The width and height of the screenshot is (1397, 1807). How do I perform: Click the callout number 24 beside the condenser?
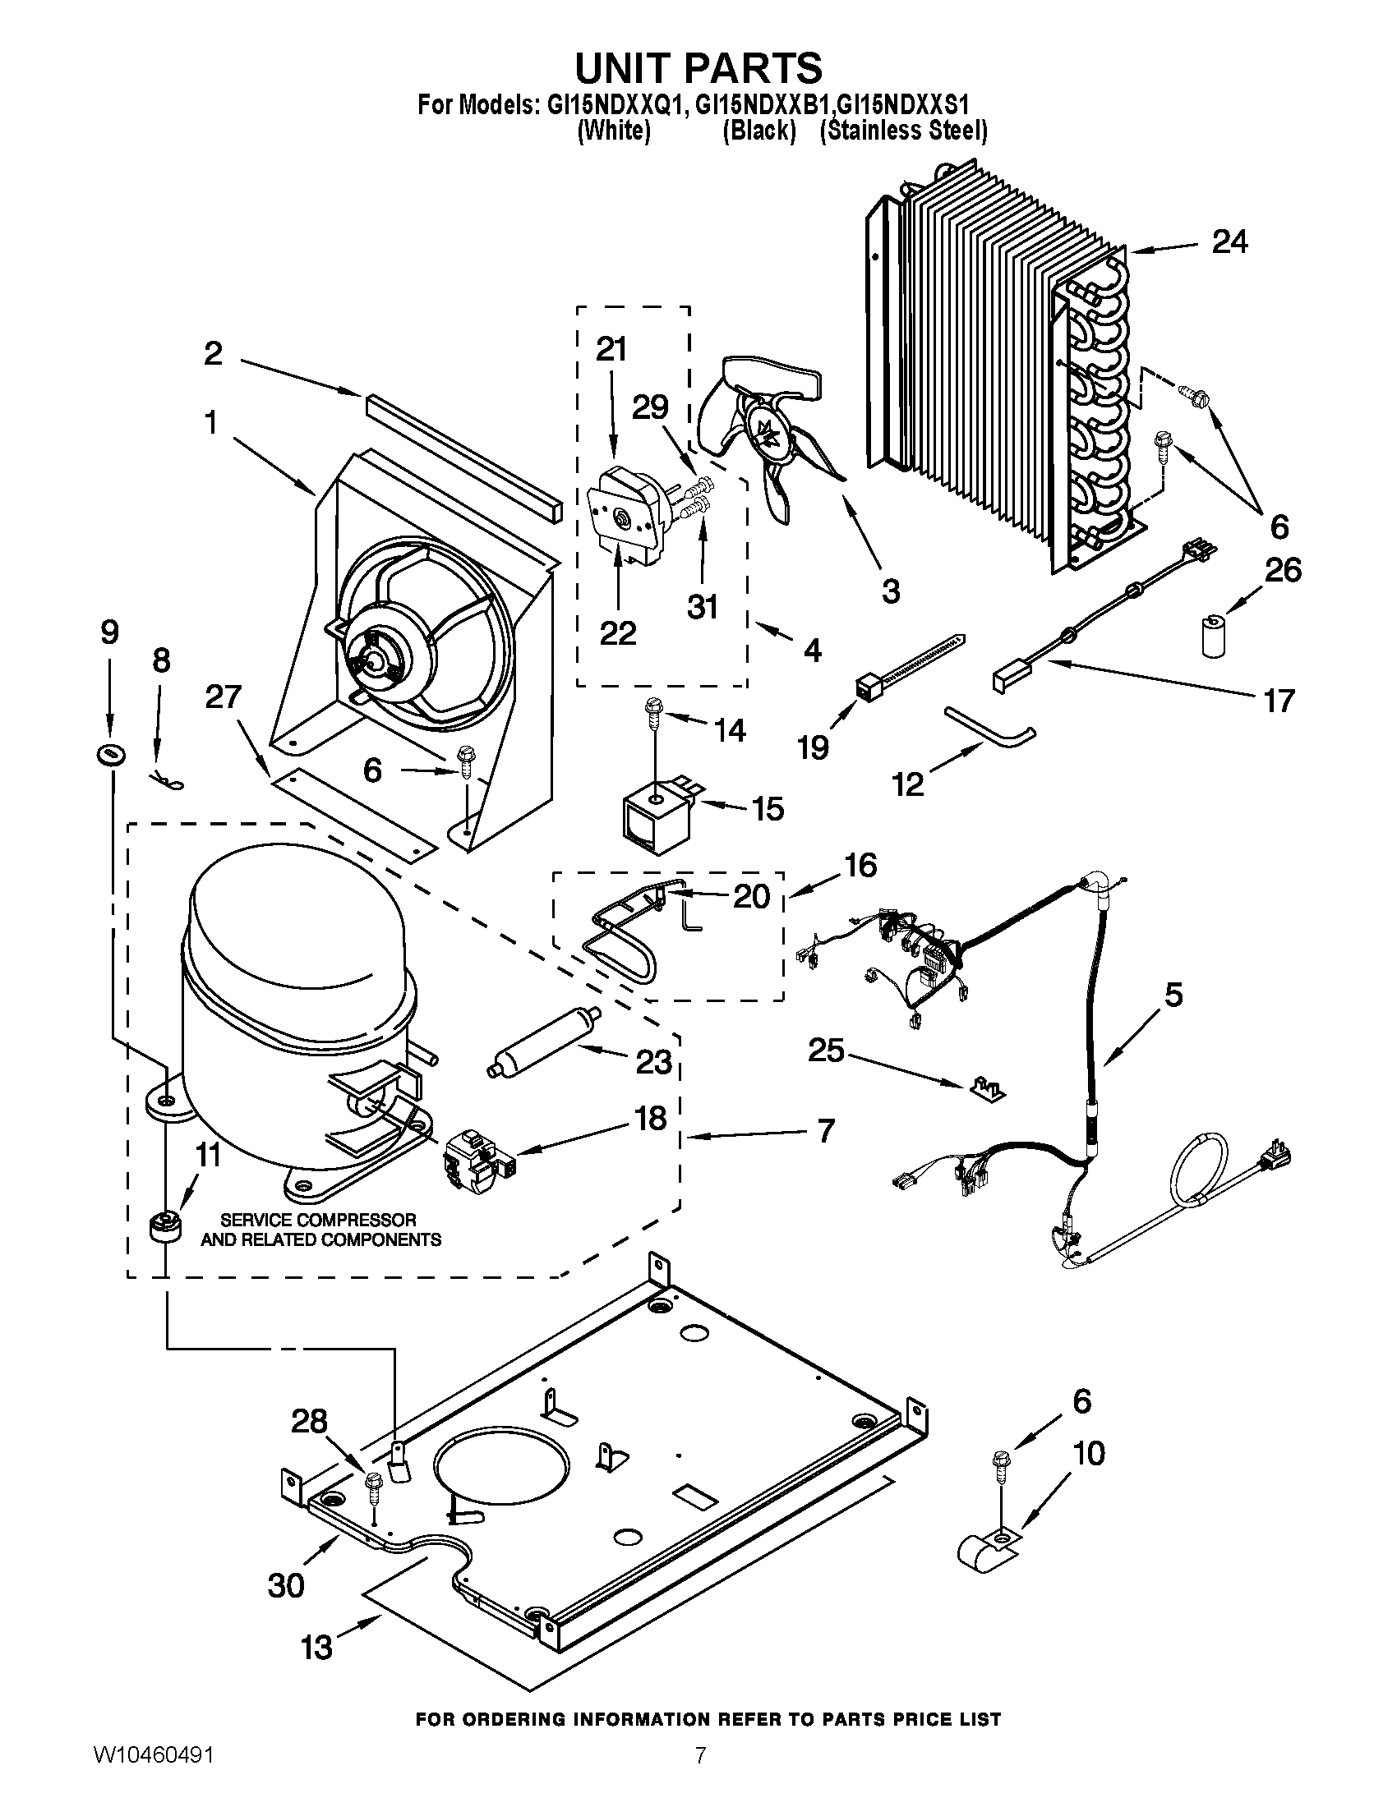1230,242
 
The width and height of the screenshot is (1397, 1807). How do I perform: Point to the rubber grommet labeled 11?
164,1228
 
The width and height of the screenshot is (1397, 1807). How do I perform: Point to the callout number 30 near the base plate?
285,1585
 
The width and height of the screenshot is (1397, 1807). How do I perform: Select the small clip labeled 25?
987,1090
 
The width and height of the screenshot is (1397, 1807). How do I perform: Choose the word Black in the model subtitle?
759,131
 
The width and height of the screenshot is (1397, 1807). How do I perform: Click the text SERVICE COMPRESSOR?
318,1221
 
